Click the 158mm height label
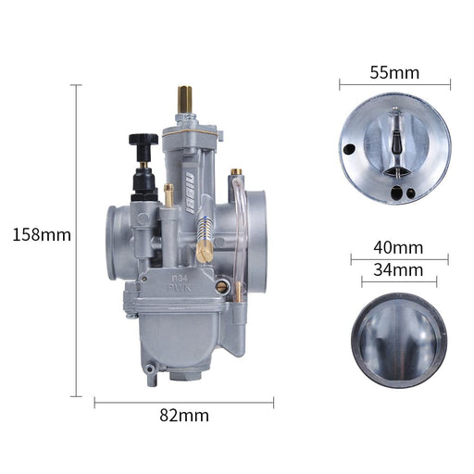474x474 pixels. tap(42, 234)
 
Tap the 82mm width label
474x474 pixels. tap(184, 416)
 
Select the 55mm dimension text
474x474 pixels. tap(394, 73)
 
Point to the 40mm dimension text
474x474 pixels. tap(398, 247)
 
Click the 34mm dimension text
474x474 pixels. tap(398, 269)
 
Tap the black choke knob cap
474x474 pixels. tap(143, 140)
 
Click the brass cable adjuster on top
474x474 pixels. tap(184, 99)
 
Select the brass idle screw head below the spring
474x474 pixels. tap(204, 252)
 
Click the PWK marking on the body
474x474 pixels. tap(180, 289)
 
